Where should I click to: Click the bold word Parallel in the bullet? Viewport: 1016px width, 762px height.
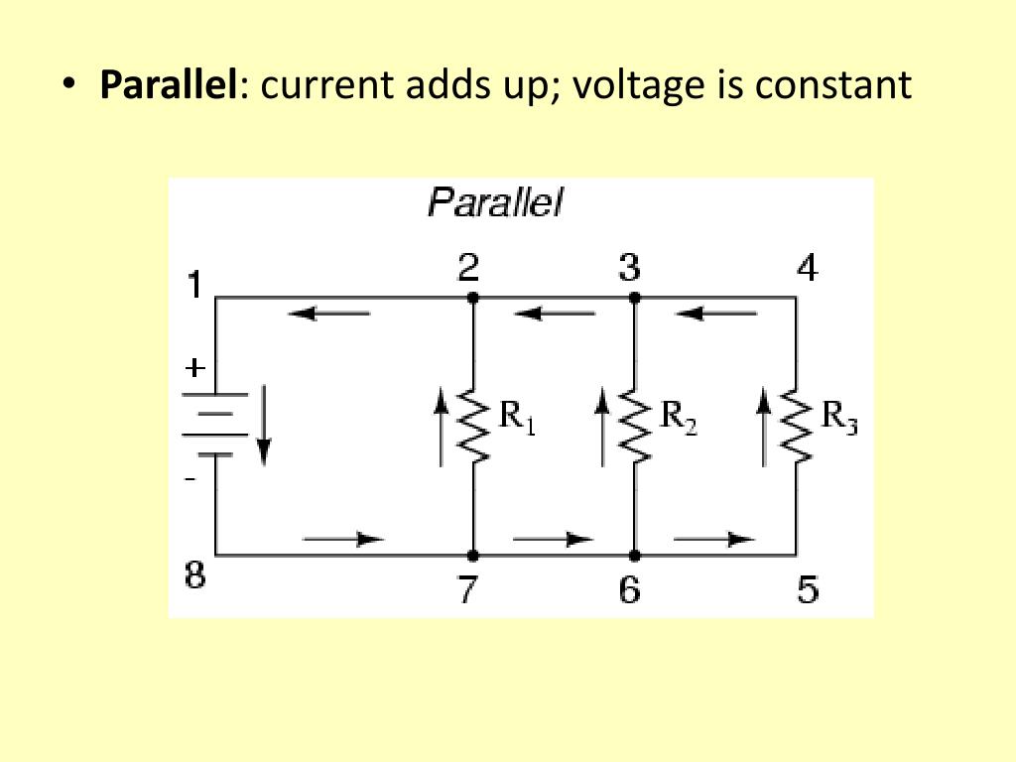(169, 85)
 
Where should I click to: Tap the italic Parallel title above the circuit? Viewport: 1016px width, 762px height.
(494, 203)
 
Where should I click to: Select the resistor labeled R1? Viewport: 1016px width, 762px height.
(474, 426)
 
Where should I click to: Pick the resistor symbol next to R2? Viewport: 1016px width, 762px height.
(635, 426)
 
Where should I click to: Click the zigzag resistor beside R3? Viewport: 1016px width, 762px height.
(797, 426)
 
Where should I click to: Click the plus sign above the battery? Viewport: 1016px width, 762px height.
(195, 368)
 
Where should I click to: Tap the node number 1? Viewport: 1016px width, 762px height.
(195, 286)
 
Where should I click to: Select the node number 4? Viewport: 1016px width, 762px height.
(808, 268)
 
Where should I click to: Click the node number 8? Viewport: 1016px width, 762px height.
(195, 575)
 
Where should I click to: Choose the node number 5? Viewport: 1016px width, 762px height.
(808, 591)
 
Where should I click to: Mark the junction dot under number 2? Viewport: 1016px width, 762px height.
(472, 297)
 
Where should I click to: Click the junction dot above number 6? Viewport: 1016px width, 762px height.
(634, 555)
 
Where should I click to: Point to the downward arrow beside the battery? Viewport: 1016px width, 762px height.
(263, 428)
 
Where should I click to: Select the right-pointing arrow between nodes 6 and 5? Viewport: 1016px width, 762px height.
(713, 539)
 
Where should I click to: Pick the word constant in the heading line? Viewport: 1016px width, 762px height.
(832, 85)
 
